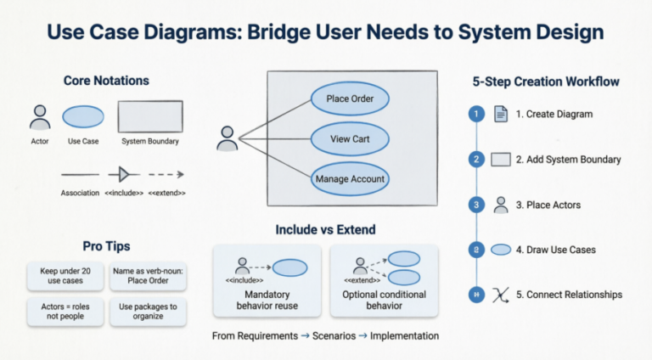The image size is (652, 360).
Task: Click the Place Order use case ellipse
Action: coord(350,98)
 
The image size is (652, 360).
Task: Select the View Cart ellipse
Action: coord(350,138)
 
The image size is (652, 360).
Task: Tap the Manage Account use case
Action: coord(350,178)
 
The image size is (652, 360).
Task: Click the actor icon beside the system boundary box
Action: coord(227,138)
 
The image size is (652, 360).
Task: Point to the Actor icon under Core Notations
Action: coord(39,116)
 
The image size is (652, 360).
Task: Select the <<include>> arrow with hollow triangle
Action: coord(123,174)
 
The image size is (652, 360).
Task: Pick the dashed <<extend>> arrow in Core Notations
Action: coord(167,174)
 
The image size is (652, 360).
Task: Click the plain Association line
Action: coord(80,174)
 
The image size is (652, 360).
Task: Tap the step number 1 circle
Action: coord(477,114)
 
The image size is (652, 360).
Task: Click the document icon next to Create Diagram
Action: coord(501,114)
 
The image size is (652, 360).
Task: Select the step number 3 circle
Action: coord(477,205)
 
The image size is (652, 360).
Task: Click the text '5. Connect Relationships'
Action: coord(569,295)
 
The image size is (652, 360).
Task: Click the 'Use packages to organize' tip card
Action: coord(148,312)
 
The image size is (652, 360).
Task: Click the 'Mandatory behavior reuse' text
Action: coord(267,301)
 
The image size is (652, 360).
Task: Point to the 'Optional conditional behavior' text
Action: coord(383,301)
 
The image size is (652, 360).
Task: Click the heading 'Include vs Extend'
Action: coord(325,229)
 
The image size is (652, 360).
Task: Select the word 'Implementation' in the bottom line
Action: coord(404,335)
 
